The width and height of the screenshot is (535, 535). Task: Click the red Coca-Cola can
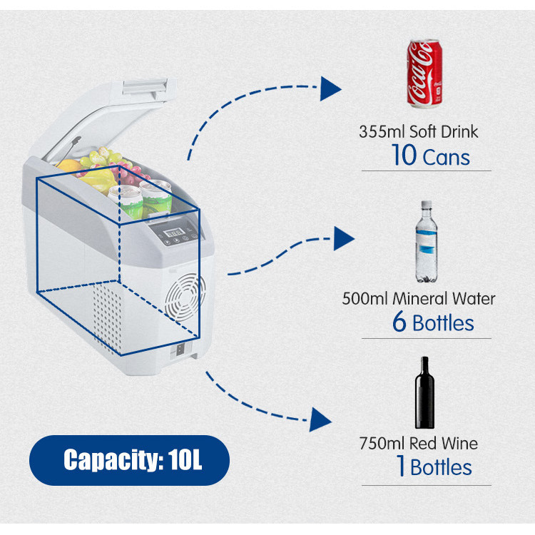(424, 73)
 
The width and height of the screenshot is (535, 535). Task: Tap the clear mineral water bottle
(426, 242)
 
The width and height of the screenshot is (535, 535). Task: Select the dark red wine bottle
(424, 393)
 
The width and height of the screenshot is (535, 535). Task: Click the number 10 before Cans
(404, 156)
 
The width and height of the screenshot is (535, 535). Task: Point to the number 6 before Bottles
(399, 322)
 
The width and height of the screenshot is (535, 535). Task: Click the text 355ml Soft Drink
(418, 132)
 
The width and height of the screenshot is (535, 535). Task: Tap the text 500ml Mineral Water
(419, 299)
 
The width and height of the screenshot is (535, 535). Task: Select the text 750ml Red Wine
(419, 443)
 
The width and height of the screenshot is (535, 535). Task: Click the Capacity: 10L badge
(129, 460)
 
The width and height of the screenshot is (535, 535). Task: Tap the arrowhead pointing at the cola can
(330, 88)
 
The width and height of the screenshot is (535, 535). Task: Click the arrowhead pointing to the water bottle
(343, 238)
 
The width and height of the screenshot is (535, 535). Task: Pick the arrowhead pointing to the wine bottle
(320, 419)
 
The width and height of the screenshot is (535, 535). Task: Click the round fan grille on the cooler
(185, 297)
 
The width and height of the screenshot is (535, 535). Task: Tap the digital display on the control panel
(173, 233)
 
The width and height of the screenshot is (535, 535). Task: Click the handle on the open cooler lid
(145, 86)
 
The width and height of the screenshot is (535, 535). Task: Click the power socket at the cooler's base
(180, 349)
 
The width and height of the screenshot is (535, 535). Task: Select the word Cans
(447, 158)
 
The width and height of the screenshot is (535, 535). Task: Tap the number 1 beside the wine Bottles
(402, 465)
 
